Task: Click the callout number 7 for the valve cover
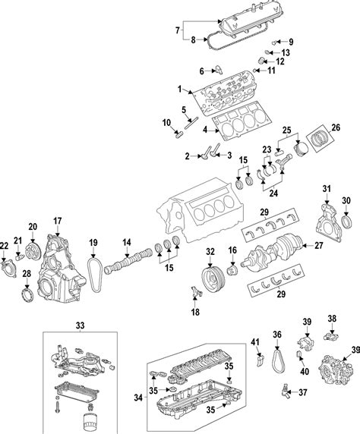(x=179, y=31)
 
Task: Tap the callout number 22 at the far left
(x=5, y=244)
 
